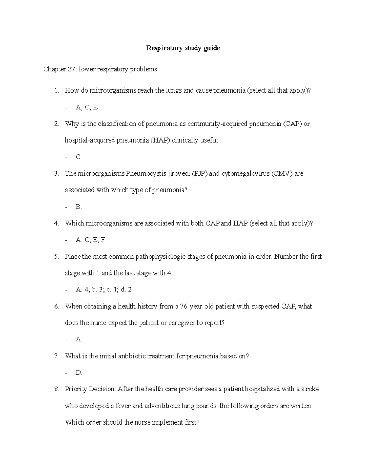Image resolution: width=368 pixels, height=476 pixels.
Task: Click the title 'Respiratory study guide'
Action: (x=183, y=48)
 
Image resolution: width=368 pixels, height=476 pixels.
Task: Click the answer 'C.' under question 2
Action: (x=79, y=157)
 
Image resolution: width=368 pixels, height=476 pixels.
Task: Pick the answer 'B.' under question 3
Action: (x=79, y=207)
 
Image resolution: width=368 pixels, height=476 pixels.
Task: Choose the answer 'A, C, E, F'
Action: (x=90, y=240)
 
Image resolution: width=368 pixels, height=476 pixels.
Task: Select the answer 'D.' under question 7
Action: (x=79, y=373)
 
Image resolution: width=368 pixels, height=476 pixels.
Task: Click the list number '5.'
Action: (x=56, y=257)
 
